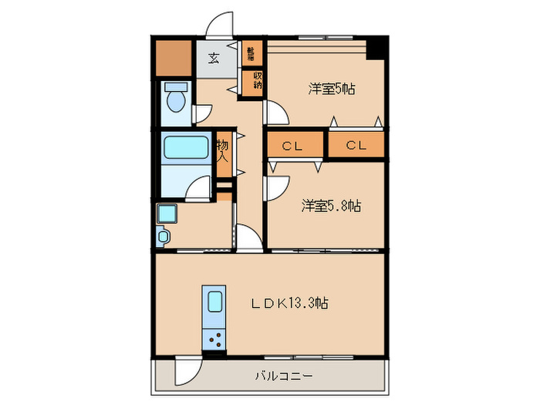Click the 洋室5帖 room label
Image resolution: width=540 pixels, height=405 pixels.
(332, 89)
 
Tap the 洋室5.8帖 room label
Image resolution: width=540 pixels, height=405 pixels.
(331, 206)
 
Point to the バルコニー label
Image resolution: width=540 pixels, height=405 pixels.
(286, 376)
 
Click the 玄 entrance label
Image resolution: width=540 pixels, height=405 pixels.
(211, 58)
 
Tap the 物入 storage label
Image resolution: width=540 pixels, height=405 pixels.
(223, 151)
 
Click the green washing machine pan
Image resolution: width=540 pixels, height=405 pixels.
(167, 212)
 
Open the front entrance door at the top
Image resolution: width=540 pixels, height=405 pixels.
(220, 25)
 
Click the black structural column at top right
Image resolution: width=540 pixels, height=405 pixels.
(376, 46)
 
